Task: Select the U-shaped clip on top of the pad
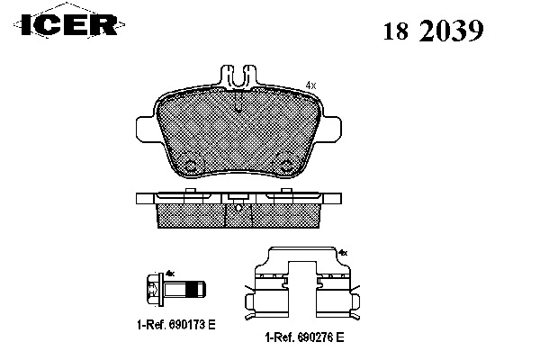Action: [238, 76]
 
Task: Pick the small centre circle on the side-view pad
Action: [238, 208]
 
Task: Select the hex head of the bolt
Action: [154, 290]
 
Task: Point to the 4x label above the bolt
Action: [169, 272]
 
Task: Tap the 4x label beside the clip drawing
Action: [343, 254]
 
